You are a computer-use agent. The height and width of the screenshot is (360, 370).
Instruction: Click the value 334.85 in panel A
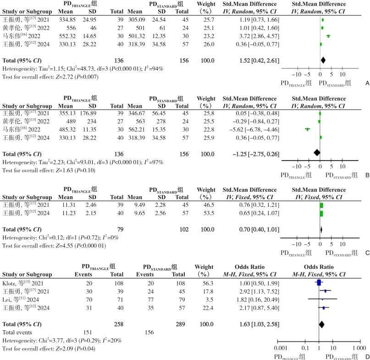point(67,20)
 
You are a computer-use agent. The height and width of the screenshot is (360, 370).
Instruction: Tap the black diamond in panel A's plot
point(323,60)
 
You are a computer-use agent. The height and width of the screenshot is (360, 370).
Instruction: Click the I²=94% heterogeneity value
point(154,69)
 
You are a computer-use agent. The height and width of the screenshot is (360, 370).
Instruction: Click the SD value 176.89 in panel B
point(88,113)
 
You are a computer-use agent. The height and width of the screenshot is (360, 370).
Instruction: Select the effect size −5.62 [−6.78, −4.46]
point(254,130)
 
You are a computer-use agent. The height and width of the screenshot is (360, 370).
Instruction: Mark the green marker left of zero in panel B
point(307,129)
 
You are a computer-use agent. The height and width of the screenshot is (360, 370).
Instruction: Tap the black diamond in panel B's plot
point(317,153)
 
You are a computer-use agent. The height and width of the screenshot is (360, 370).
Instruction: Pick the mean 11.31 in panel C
point(69,205)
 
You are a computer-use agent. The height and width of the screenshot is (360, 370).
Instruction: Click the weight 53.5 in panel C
point(209,213)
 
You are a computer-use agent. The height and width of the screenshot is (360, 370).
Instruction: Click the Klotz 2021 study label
point(23,283)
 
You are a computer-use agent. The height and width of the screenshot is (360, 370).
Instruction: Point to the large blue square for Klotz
point(319,282)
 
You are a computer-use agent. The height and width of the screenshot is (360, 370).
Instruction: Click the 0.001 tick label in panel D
point(281,348)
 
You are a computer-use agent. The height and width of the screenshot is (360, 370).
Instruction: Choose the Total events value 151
point(88,332)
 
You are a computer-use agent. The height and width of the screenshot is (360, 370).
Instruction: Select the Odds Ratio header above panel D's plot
point(319,267)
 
